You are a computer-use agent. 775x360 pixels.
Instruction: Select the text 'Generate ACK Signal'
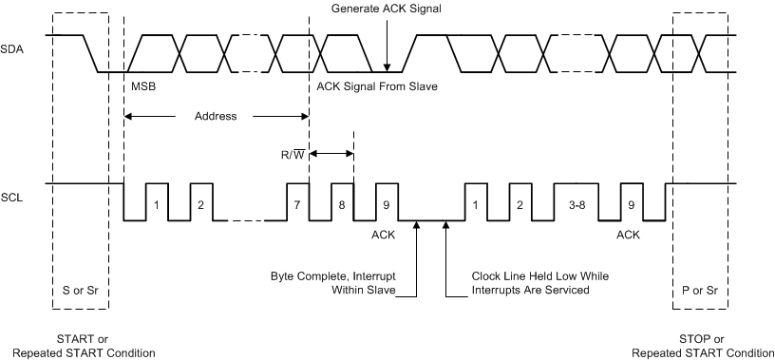tap(387, 9)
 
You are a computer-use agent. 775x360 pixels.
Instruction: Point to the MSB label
tap(142, 87)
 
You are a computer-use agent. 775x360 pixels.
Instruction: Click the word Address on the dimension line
tap(216, 117)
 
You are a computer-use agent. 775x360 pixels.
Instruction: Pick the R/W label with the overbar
tap(291, 153)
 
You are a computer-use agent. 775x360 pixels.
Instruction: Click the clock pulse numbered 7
tap(297, 203)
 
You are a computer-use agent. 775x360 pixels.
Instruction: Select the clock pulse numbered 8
tap(343, 203)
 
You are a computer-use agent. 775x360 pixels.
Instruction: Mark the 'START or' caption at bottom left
tap(82, 340)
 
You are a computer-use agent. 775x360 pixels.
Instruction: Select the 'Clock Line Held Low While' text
tap(539, 276)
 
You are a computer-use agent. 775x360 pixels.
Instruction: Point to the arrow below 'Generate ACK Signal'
tap(387, 43)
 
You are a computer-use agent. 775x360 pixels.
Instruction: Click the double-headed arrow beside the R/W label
tap(332, 153)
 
